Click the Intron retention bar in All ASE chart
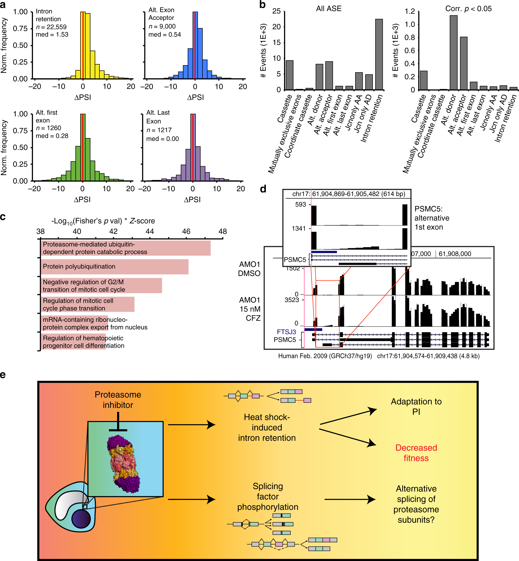[379, 54]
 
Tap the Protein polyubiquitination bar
[114, 267]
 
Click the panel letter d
[263, 189]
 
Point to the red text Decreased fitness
[416, 453]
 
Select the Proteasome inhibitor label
[118, 400]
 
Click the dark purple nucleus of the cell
[81, 519]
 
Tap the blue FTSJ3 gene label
[286, 332]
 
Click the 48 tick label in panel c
[223, 231]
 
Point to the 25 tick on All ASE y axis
[276, 11]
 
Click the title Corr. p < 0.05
[468, 9]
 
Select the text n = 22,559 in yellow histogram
[51, 27]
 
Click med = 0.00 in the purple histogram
[162, 139]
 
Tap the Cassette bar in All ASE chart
[289, 75]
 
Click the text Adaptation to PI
[416, 406]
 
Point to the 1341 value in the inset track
[299, 228]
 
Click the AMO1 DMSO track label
[249, 269]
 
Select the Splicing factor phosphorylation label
[268, 496]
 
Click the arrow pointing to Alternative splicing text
[350, 499]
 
